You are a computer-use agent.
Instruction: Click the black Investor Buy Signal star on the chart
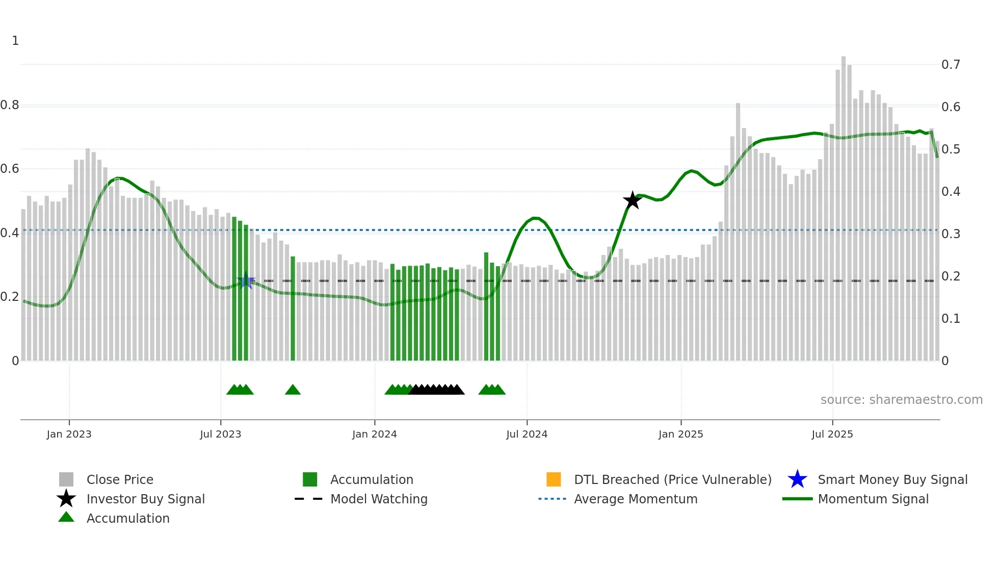(x=632, y=200)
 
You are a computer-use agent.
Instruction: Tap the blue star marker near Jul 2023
(x=246, y=280)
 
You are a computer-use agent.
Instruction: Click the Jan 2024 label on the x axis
(x=374, y=434)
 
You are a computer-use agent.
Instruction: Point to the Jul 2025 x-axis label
(x=832, y=434)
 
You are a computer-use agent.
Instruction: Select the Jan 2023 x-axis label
(x=69, y=434)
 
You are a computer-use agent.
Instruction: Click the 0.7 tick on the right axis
(x=951, y=65)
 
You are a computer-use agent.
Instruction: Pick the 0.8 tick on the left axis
(x=10, y=105)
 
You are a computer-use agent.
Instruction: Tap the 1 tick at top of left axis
(x=15, y=41)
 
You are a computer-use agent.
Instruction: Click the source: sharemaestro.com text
(x=901, y=400)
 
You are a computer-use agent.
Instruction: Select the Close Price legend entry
(x=120, y=479)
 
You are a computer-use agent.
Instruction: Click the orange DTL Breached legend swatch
(x=554, y=479)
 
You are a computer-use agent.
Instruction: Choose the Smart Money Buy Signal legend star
(x=797, y=479)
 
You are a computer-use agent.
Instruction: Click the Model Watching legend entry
(x=379, y=499)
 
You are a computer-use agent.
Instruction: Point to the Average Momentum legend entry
(x=635, y=499)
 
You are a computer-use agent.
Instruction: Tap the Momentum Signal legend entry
(x=873, y=499)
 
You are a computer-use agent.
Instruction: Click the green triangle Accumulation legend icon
(x=66, y=518)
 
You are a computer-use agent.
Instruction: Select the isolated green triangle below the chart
(x=293, y=390)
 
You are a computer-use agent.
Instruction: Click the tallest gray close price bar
(x=844, y=204)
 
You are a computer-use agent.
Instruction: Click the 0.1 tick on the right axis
(x=951, y=319)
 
